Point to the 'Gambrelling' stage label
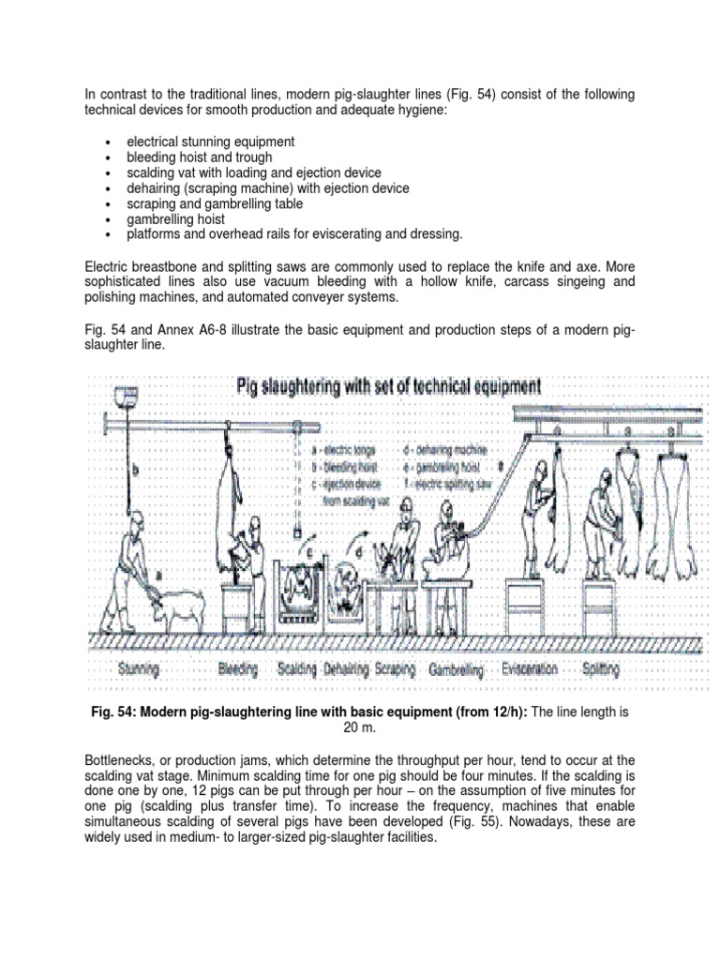click(x=456, y=671)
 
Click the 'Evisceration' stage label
click(x=530, y=670)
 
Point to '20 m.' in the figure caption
click(x=359, y=728)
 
